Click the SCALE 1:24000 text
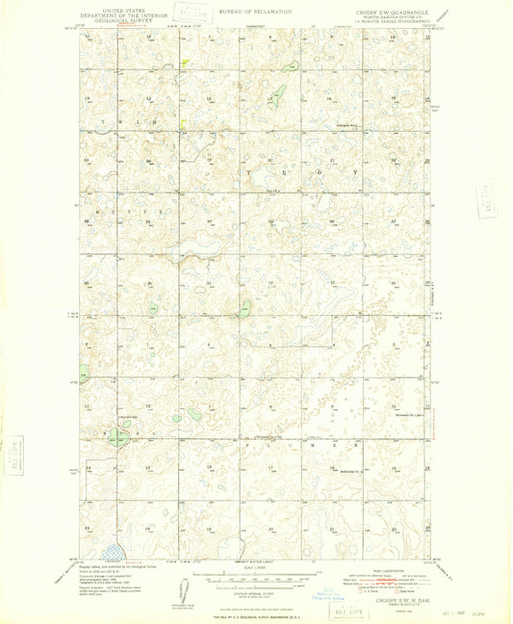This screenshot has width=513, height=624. click(255, 569)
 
